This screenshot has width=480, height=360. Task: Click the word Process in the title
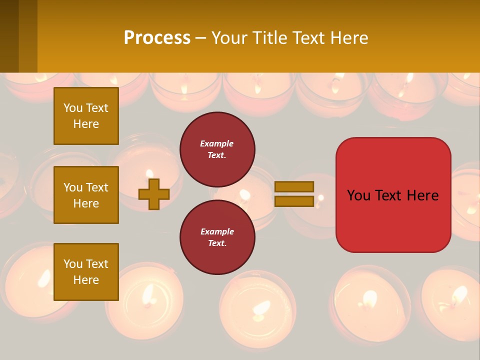157,38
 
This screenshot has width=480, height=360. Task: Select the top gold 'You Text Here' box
86,116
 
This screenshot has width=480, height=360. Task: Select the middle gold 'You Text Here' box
86,195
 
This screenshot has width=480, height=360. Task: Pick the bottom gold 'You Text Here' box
86,272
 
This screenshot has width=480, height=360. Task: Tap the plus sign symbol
154,194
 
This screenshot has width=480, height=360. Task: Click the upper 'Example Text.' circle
217,149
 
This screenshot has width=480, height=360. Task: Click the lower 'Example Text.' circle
217,237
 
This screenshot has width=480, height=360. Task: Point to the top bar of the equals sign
294,187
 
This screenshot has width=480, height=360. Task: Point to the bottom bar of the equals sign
294,201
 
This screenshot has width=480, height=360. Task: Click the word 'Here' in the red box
422,195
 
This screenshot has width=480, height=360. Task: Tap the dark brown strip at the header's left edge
9,36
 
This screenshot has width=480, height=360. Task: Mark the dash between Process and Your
201,38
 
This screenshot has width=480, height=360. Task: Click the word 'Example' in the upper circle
217,143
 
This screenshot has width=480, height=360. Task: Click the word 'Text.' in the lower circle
217,243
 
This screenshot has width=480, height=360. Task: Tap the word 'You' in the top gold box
73,108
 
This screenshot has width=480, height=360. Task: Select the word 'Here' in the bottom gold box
86,280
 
